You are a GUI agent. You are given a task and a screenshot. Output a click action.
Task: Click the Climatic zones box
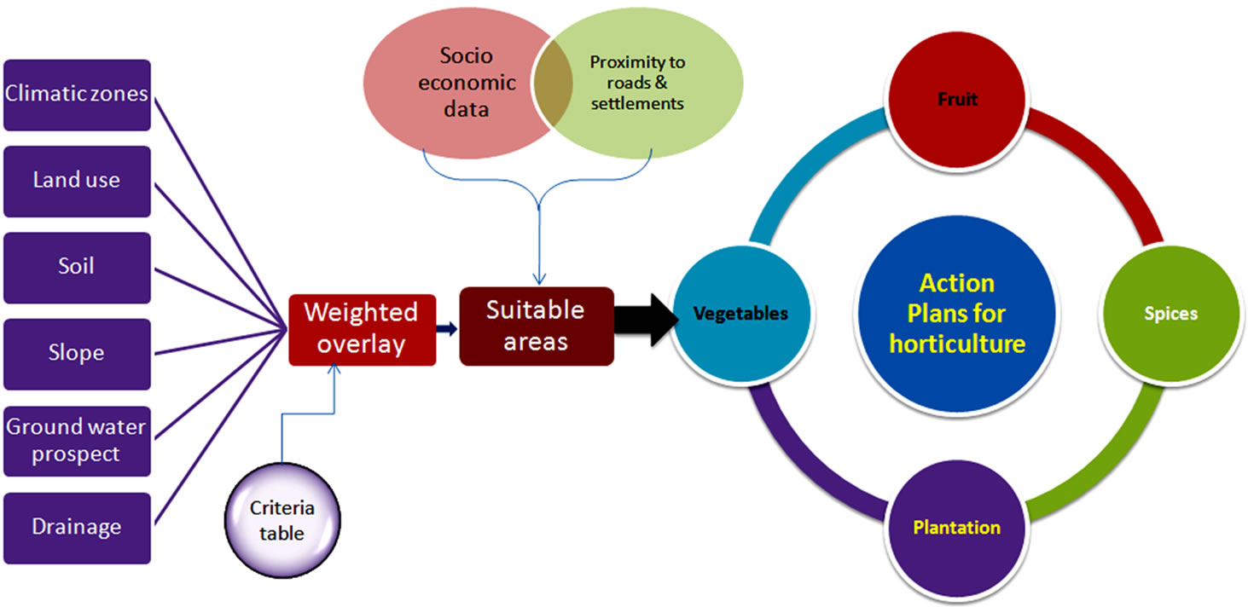[77, 95]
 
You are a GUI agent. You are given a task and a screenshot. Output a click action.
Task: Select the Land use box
[77, 182]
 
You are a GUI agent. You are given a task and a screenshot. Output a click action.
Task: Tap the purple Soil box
[77, 268]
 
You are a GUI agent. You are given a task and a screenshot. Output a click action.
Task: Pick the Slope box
[77, 354]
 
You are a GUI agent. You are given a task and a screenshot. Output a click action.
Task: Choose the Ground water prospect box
[77, 441]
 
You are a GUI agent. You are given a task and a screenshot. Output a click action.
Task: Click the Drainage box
[77, 528]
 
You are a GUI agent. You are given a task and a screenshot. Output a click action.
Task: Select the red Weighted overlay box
[363, 330]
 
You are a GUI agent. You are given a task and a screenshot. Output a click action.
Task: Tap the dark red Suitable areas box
[537, 327]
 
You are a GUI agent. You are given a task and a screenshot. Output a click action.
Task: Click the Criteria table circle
[282, 521]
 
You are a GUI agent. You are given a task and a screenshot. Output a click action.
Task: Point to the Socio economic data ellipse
[457, 84]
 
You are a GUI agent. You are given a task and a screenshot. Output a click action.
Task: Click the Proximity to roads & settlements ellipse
[638, 83]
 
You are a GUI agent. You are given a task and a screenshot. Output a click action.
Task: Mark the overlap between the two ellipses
[554, 84]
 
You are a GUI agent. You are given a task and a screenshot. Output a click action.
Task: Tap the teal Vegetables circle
[741, 314]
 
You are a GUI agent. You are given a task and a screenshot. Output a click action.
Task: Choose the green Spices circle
[1171, 314]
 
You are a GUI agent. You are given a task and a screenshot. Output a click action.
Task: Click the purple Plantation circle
[956, 528]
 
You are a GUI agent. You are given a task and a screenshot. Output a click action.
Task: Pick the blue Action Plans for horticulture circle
[956, 314]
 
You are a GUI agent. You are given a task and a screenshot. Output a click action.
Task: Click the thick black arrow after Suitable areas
[647, 321]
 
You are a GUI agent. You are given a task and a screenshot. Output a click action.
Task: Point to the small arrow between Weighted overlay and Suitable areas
[447, 329]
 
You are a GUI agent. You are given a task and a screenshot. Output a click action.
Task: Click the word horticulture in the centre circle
[957, 344]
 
